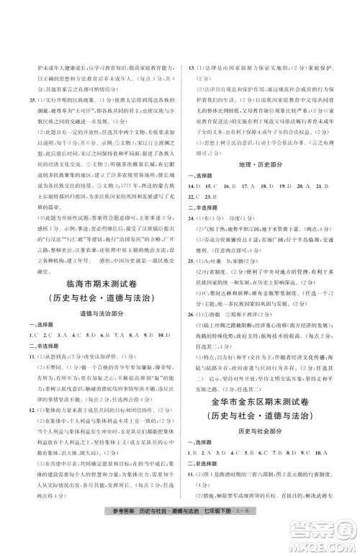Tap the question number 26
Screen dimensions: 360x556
pos(192,333)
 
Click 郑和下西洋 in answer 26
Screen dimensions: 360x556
pos(254,333)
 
